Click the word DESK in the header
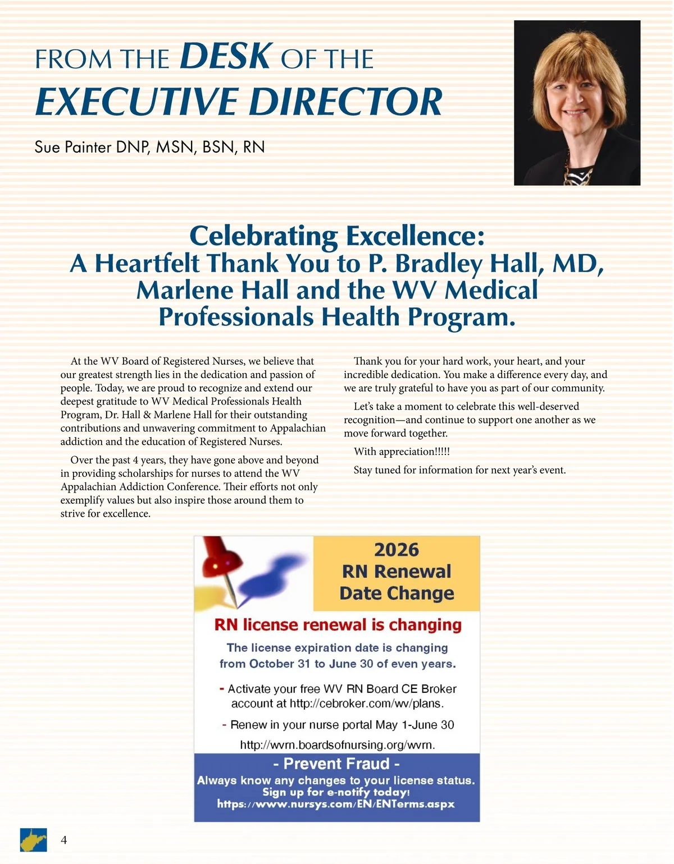click(x=226, y=56)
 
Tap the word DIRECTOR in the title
click(x=345, y=102)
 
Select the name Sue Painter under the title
click(x=73, y=147)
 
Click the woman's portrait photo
click(x=577, y=103)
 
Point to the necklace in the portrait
click(x=579, y=175)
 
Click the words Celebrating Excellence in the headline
click(x=336, y=236)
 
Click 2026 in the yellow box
click(x=397, y=550)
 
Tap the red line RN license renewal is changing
click(x=338, y=625)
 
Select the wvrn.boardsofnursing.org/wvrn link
click(x=338, y=745)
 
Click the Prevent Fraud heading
click(x=336, y=764)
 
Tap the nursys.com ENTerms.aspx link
click(x=336, y=804)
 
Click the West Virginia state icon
click(x=33, y=840)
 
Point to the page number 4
click(x=63, y=840)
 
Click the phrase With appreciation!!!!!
click(x=402, y=452)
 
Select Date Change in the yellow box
click(x=397, y=593)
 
